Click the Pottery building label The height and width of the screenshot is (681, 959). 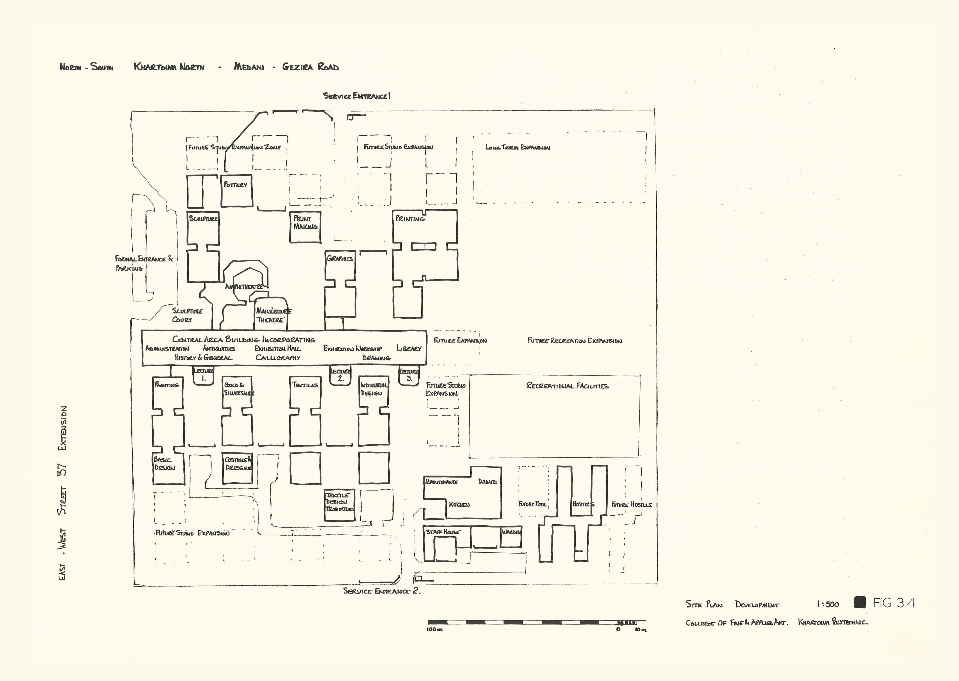(235, 185)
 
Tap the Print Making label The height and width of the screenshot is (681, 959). (305, 222)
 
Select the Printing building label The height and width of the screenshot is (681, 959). (410, 219)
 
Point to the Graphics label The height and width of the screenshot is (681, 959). (340, 258)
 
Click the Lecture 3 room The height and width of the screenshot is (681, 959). (409, 375)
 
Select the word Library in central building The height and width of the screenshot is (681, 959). (409, 348)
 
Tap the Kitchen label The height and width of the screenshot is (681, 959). (459, 504)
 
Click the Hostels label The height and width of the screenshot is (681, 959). (583, 504)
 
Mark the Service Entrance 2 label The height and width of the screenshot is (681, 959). (381, 591)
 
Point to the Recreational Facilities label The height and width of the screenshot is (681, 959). (567, 386)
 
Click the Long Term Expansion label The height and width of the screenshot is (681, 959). (518, 147)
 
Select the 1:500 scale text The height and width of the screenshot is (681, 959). (828, 604)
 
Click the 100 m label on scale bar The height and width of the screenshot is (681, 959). (435, 630)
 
